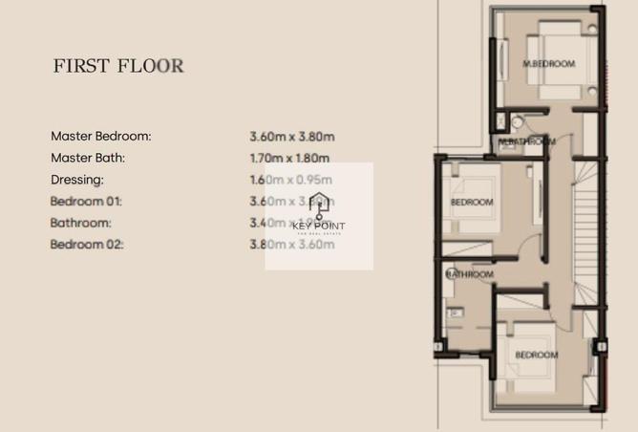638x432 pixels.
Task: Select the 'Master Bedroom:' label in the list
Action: click(101, 136)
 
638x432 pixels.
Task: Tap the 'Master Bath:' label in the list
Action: click(88, 158)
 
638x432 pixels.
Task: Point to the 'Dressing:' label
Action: click(77, 180)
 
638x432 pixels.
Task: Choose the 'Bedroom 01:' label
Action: click(87, 202)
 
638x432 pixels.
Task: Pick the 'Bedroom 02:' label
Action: click(87, 245)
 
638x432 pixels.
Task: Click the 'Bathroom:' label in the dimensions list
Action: click(81, 223)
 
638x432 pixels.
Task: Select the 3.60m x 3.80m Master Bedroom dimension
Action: click(292, 137)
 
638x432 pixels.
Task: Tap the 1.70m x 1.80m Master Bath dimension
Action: click(290, 159)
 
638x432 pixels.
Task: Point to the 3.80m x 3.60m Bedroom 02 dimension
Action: click(292, 245)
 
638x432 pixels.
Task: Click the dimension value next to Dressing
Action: click(290, 180)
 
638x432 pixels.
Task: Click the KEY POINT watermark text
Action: click(320, 227)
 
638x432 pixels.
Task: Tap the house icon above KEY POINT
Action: click(320, 203)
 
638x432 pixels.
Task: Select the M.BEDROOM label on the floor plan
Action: click(549, 64)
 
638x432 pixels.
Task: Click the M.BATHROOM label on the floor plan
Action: click(527, 141)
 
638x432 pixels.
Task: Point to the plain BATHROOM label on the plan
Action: click(470, 274)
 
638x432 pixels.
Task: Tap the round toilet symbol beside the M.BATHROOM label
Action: click(516, 121)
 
